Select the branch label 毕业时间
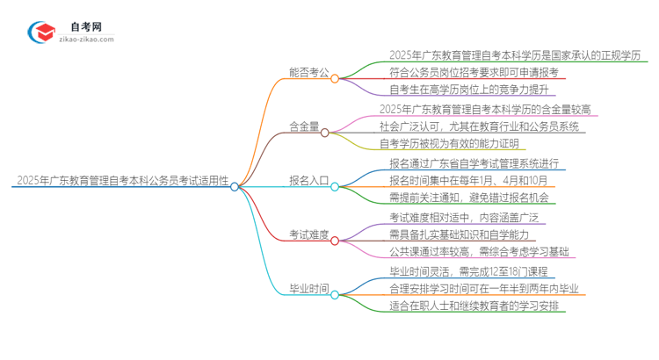coord(308,288)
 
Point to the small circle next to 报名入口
coord(335,184)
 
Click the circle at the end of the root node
coord(235,185)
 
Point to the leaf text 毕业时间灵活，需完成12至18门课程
coord(469,271)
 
